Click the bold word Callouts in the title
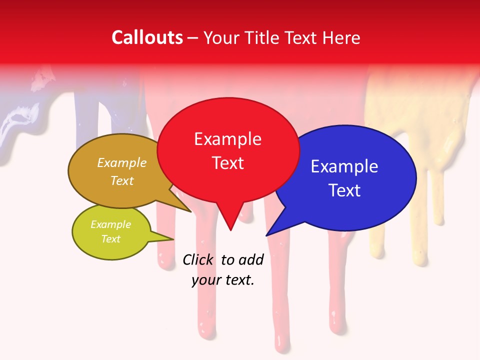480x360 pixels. tap(147, 37)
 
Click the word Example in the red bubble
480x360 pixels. tap(227, 139)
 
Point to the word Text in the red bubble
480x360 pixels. tap(228, 163)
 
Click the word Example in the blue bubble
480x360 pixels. tap(344, 166)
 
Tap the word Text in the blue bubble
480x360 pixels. tap(345, 190)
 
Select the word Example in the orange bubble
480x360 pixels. tap(122, 162)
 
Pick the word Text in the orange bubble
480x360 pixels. tap(122, 180)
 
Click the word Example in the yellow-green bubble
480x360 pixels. tap(111, 224)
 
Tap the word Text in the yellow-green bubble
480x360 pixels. tap(111, 239)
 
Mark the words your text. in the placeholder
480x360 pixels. tap(223, 280)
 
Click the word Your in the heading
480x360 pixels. tap(222, 38)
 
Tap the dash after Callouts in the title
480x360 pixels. tap(193, 38)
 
